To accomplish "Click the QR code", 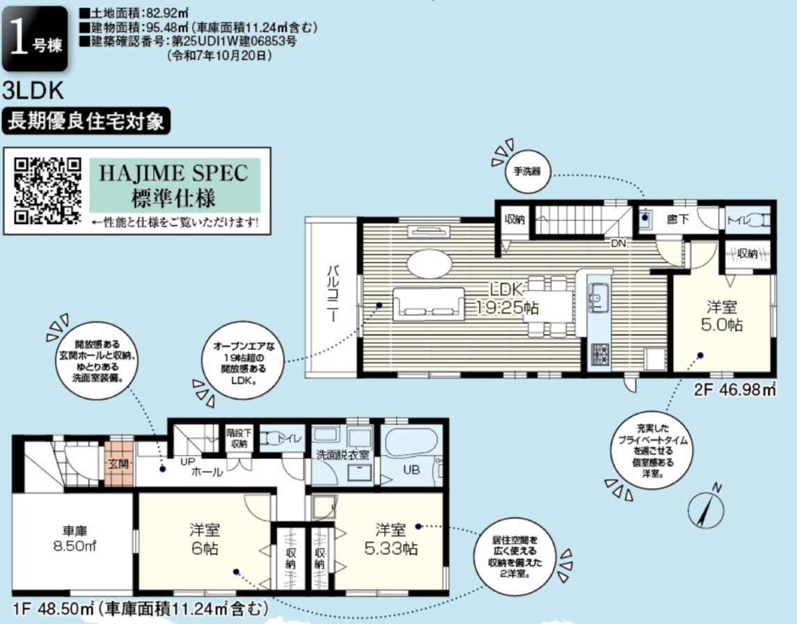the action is (x=47, y=191).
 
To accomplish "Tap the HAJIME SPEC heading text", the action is (x=173, y=173).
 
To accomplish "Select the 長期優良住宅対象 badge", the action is (x=86, y=122).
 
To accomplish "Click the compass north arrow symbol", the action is (x=706, y=508).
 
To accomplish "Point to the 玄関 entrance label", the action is (x=119, y=463).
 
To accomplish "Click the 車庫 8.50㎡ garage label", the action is (x=74, y=538).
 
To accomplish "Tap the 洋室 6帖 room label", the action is (x=205, y=538).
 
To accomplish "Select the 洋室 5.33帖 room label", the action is (x=391, y=538).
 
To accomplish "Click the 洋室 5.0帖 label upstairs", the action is (x=722, y=316).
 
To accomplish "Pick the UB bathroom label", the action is (x=411, y=470).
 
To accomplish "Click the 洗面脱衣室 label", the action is (x=342, y=455).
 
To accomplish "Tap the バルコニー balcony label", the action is (x=333, y=293).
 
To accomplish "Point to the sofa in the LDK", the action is (x=429, y=304).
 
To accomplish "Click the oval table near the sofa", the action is (x=429, y=264).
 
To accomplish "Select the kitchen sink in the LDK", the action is (x=599, y=293).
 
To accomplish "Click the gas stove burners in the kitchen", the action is (x=600, y=354).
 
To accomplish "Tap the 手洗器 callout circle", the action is (x=528, y=171).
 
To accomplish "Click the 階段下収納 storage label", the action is (x=239, y=438).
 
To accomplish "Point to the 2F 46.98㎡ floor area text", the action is (x=735, y=390).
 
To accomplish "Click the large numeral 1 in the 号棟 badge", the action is (x=19, y=39).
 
